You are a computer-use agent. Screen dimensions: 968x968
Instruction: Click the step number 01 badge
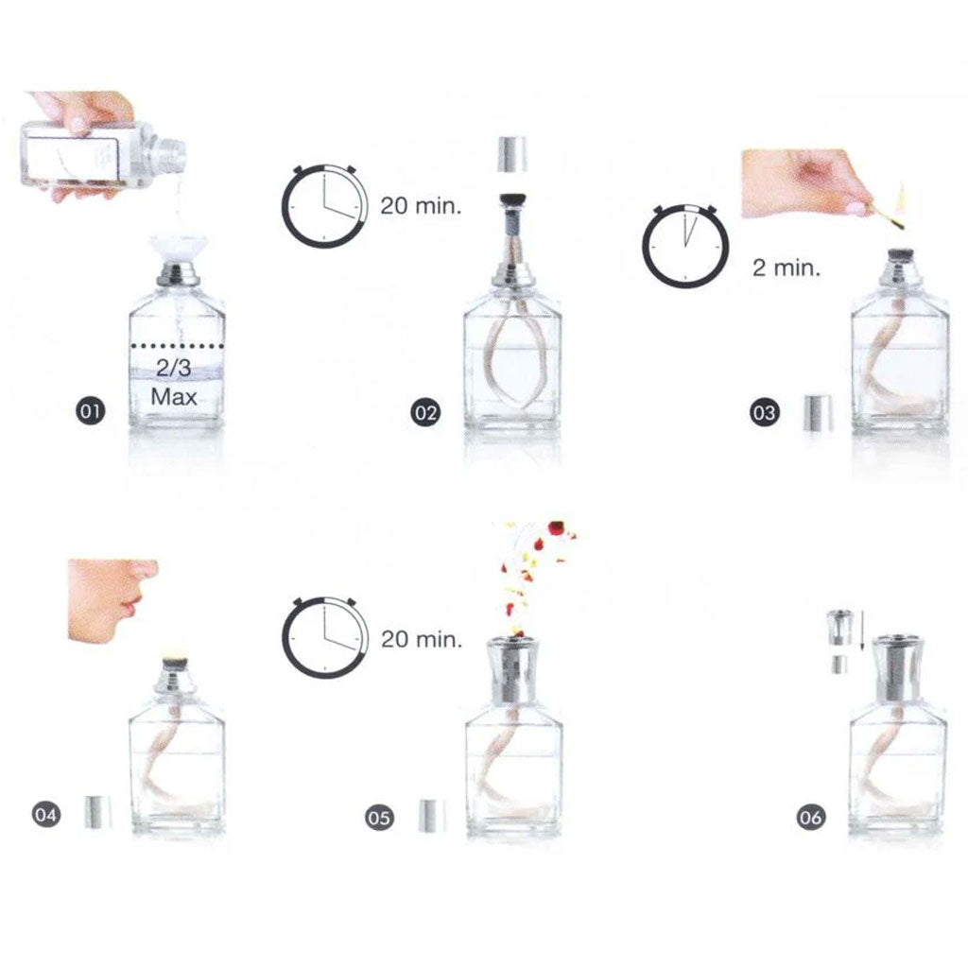[91, 411]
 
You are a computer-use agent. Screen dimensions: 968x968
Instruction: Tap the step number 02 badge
[424, 412]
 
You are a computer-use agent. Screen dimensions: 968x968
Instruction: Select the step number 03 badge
[763, 412]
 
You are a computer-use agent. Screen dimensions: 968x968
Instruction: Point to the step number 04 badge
[45, 814]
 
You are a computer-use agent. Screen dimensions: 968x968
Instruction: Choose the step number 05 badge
[379, 817]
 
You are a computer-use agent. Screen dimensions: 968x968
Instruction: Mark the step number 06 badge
[810, 818]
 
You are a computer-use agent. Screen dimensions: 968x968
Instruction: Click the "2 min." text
[786, 267]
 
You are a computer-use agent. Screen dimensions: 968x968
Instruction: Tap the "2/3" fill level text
[174, 369]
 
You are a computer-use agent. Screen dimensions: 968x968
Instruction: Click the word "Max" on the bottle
[175, 396]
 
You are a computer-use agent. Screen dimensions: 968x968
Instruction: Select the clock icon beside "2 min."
[686, 245]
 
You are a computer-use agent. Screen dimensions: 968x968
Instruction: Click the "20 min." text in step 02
[421, 205]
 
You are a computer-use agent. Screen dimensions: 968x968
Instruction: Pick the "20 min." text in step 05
[422, 640]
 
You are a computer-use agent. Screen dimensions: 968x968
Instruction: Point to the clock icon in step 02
[324, 206]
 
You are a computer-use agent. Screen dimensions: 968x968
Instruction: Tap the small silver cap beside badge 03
[817, 413]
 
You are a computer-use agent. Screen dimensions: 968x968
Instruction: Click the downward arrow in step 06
[861, 631]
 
